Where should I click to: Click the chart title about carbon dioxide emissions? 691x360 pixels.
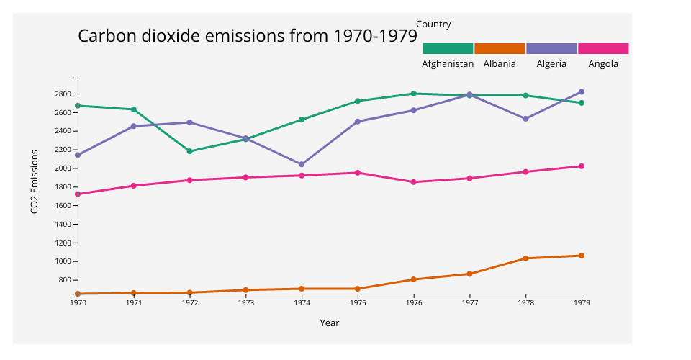pyautogui.click(x=248, y=36)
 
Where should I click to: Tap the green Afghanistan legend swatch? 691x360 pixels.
pyautogui.click(x=448, y=48)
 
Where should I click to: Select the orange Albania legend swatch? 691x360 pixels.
pyautogui.click(x=500, y=48)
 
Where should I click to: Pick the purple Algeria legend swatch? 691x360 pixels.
pyautogui.click(x=551, y=48)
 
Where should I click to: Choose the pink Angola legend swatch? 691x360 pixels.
pyautogui.click(x=603, y=48)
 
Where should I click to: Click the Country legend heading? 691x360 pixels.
pyautogui.click(x=433, y=24)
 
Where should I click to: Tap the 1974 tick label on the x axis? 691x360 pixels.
pyautogui.click(x=302, y=302)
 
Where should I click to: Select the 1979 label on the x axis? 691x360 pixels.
pyautogui.click(x=582, y=302)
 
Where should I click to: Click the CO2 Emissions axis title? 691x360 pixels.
pyautogui.click(x=34, y=181)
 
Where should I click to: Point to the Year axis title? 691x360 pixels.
pyautogui.click(x=330, y=323)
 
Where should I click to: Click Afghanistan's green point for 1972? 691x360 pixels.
pyautogui.click(x=190, y=151)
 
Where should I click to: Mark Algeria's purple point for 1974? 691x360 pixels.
pyautogui.click(x=302, y=164)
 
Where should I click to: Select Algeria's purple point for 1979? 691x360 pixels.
pyautogui.click(x=582, y=91)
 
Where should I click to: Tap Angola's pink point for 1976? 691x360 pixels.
pyautogui.click(x=414, y=182)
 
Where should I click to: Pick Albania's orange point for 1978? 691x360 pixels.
pyautogui.click(x=525, y=258)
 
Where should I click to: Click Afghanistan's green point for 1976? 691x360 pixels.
pyautogui.click(x=414, y=94)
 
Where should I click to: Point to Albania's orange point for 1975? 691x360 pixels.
pyautogui.click(x=358, y=289)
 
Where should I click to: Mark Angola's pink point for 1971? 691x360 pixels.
pyautogui.click(x=134, y=186)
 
